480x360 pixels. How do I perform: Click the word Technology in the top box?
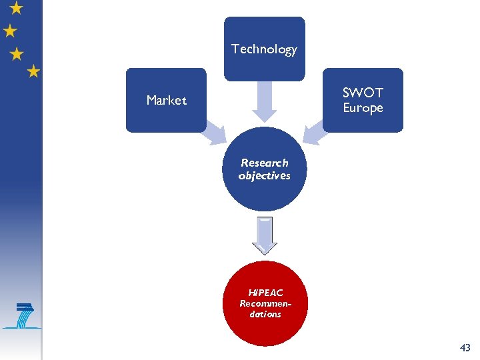click(x=264, y=49)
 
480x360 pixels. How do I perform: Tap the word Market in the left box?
click(x=166, y=101)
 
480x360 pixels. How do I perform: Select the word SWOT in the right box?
click(x=363, y=93)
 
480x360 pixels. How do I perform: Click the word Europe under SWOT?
click(x=363, y=108)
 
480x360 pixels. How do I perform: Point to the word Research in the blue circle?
click(x=265, y=163)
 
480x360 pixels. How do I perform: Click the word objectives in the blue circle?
click(x=265, y=176)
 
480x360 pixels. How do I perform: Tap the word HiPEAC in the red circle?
click(x=265, y=293)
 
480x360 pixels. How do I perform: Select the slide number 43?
click(x=465, y=347)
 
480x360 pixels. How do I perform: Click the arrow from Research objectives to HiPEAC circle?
click(x=265, y=235)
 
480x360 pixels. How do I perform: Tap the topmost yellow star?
click(x=17, y=7)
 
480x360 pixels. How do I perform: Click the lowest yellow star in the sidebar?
click(x=33, y=71)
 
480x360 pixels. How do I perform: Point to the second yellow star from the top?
click(x=10, y=31)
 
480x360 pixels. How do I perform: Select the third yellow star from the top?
click(x=17, y=54)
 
